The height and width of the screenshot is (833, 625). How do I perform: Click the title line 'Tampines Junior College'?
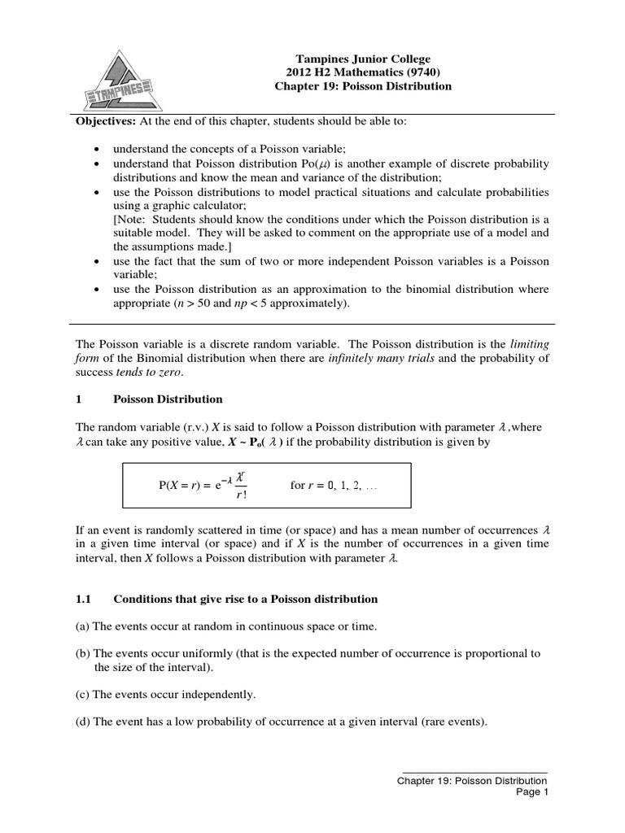coord(361,59)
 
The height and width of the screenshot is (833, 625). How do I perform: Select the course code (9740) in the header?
coord(411,72)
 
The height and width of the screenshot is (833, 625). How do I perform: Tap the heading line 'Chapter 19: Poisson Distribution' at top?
coord(361,86)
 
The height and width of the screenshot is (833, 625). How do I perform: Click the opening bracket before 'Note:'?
coord(116,220)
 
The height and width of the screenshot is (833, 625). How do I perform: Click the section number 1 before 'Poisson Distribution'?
coord(78,399)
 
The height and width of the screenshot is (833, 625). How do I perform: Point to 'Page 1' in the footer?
coord(534,793)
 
